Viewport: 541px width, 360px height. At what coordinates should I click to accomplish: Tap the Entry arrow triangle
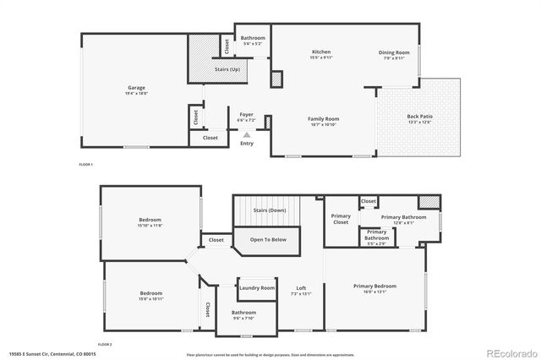click(x=247, y=134)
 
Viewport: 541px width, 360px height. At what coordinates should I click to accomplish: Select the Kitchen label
click(x=321, y=52)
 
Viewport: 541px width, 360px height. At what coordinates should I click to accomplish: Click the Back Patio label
click(x=419, y=117)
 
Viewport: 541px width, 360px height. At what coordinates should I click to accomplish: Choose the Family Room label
click(x=323, y=119)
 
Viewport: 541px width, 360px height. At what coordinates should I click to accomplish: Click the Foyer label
click(x=246, y=114)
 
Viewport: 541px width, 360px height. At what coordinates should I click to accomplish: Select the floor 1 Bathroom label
click(x=253, y=38)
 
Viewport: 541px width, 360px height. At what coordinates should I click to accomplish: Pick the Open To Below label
click(x=268, y=239)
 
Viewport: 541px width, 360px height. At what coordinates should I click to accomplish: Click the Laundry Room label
click(x=257, y=288)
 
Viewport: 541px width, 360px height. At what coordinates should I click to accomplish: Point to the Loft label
click(x=301, y=288)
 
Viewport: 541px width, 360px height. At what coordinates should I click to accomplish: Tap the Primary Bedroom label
click(x=374, y=286)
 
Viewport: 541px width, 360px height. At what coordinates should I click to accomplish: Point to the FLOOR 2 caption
click(x=105, y=344)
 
